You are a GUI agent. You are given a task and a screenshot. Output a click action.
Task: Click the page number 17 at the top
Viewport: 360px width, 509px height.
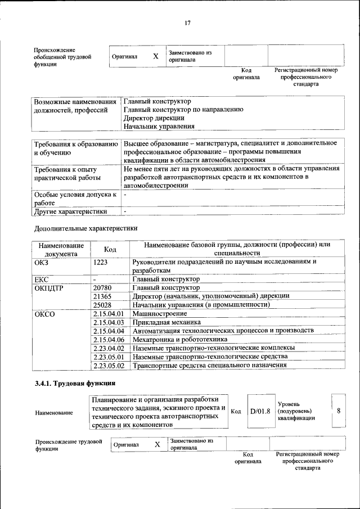click(187, 22)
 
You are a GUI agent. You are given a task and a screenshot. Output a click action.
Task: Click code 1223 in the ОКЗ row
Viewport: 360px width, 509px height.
click(102, 262)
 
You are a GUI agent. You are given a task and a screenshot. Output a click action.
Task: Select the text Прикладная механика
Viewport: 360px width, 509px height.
click(166, 322)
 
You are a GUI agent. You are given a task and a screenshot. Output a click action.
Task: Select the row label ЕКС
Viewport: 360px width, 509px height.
click(42, 279)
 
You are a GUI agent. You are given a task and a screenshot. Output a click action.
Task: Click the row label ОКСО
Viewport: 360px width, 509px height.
click(45, 314)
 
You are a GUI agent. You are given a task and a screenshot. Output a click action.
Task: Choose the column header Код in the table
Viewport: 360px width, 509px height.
click(110, 249)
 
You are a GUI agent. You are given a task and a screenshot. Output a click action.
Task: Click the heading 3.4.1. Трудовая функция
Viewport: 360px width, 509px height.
click(75, 384)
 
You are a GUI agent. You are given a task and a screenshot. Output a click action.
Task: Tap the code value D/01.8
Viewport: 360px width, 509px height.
click(260, 411)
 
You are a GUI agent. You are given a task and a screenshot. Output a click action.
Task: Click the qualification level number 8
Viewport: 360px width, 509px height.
click(339, 411)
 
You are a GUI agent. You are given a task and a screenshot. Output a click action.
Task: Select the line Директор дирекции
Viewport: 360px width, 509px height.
click(154, 118)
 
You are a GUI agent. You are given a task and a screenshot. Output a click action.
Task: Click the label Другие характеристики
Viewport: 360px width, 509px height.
click(70, 211)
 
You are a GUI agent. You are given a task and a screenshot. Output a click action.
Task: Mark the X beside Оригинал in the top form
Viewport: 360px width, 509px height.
click(155, 56)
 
